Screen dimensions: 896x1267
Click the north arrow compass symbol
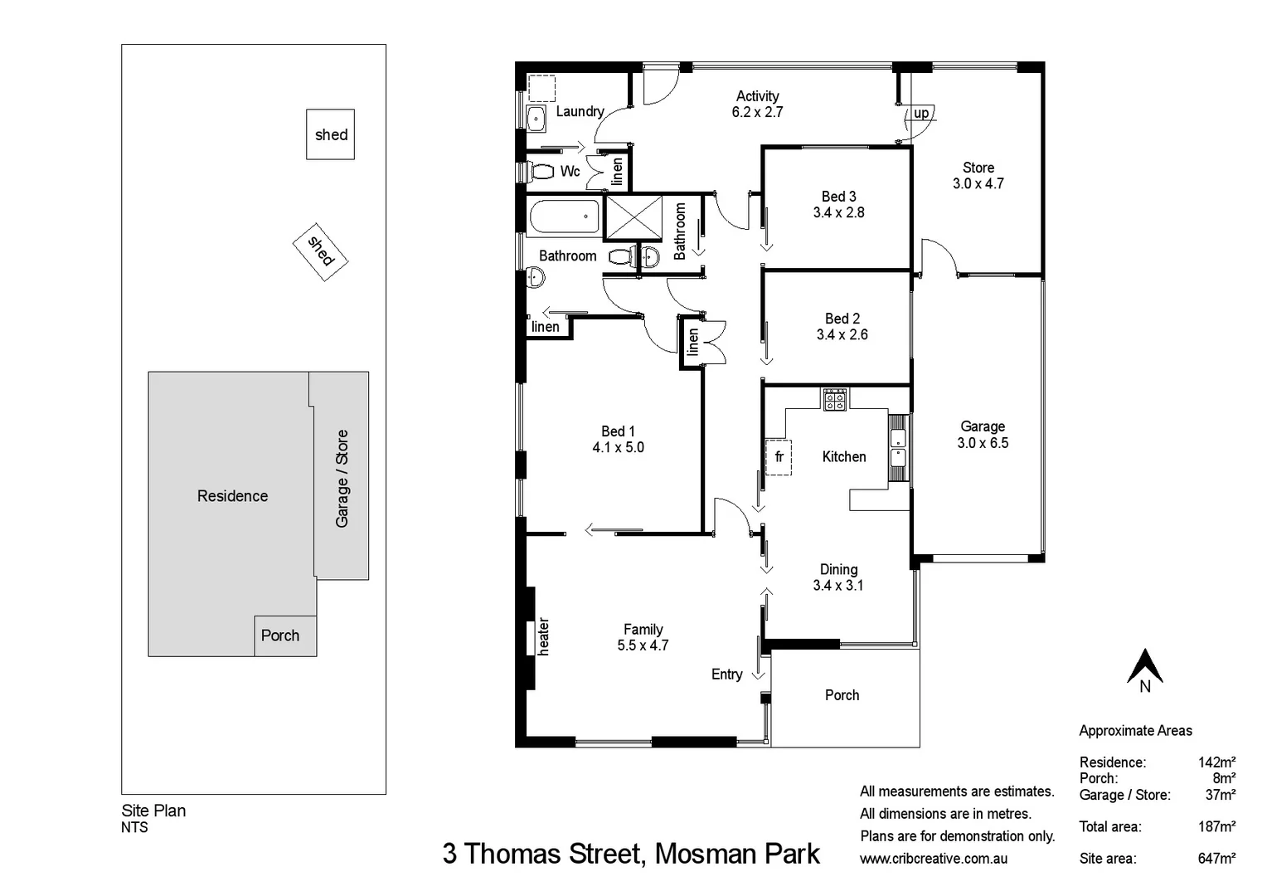(1144, 667)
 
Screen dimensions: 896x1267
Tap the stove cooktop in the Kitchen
(834, 399)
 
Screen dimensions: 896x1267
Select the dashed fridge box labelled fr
(778, 457)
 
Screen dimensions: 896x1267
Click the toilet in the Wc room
(541, 172)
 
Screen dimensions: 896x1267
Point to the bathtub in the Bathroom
(563, 217)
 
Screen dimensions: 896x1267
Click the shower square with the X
(633, 218)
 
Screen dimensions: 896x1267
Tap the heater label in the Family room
(543, 636)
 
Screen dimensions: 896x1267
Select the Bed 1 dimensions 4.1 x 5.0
(618, 447)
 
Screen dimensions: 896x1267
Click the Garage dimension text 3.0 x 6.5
(983, 443)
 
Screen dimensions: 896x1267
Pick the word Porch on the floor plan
(842, 695)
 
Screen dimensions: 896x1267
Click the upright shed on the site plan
(330, 134)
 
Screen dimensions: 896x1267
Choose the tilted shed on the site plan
(320, 251)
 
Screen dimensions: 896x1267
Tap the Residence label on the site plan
(232, 496)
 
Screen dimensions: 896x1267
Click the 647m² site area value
(1216, 859)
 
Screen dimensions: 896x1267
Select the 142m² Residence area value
(1216, 762)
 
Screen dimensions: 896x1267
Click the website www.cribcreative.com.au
(934, 859)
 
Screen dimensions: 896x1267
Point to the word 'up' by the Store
(921, 114)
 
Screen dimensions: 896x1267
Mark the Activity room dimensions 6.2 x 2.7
(757, 112)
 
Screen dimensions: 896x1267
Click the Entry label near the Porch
(726, 674)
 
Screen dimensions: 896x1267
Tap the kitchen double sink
(898, 446)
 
